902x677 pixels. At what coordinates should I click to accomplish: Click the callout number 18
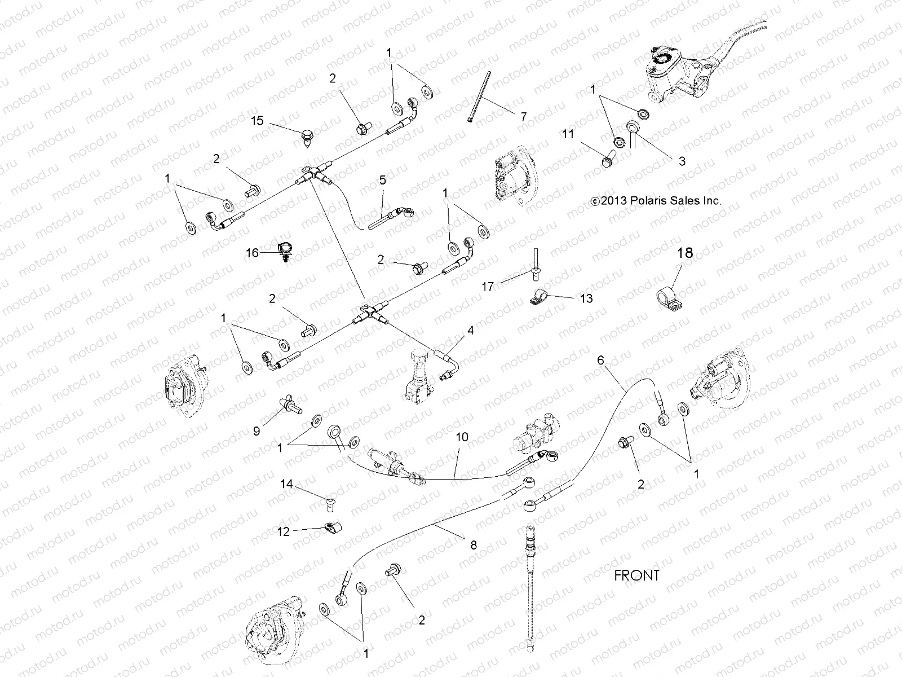click(x=685, y=253)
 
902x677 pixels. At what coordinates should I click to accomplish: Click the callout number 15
click(x=257, y=120)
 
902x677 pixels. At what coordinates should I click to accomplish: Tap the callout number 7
click(x=523, y=117)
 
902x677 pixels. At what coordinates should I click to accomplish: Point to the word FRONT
click(x=636, y=575)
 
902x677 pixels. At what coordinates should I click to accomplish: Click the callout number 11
click(x=567, y=134)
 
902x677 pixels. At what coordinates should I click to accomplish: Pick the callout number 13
click(x=586, y=298)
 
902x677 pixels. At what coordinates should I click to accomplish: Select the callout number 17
click(x=488, y=287)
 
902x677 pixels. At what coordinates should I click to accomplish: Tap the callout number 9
click(x=257, y=432)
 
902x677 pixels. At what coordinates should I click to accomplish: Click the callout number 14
click(x=287, y=483)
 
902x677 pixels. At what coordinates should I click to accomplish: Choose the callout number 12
click(x=284, y=531)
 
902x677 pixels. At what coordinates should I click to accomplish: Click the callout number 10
click(x=462, y=437)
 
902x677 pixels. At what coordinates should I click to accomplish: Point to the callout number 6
click(x=600, y=359)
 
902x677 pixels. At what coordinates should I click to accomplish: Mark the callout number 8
click(x=474, y=544)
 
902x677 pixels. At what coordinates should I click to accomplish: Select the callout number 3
click(x=682, y=161)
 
